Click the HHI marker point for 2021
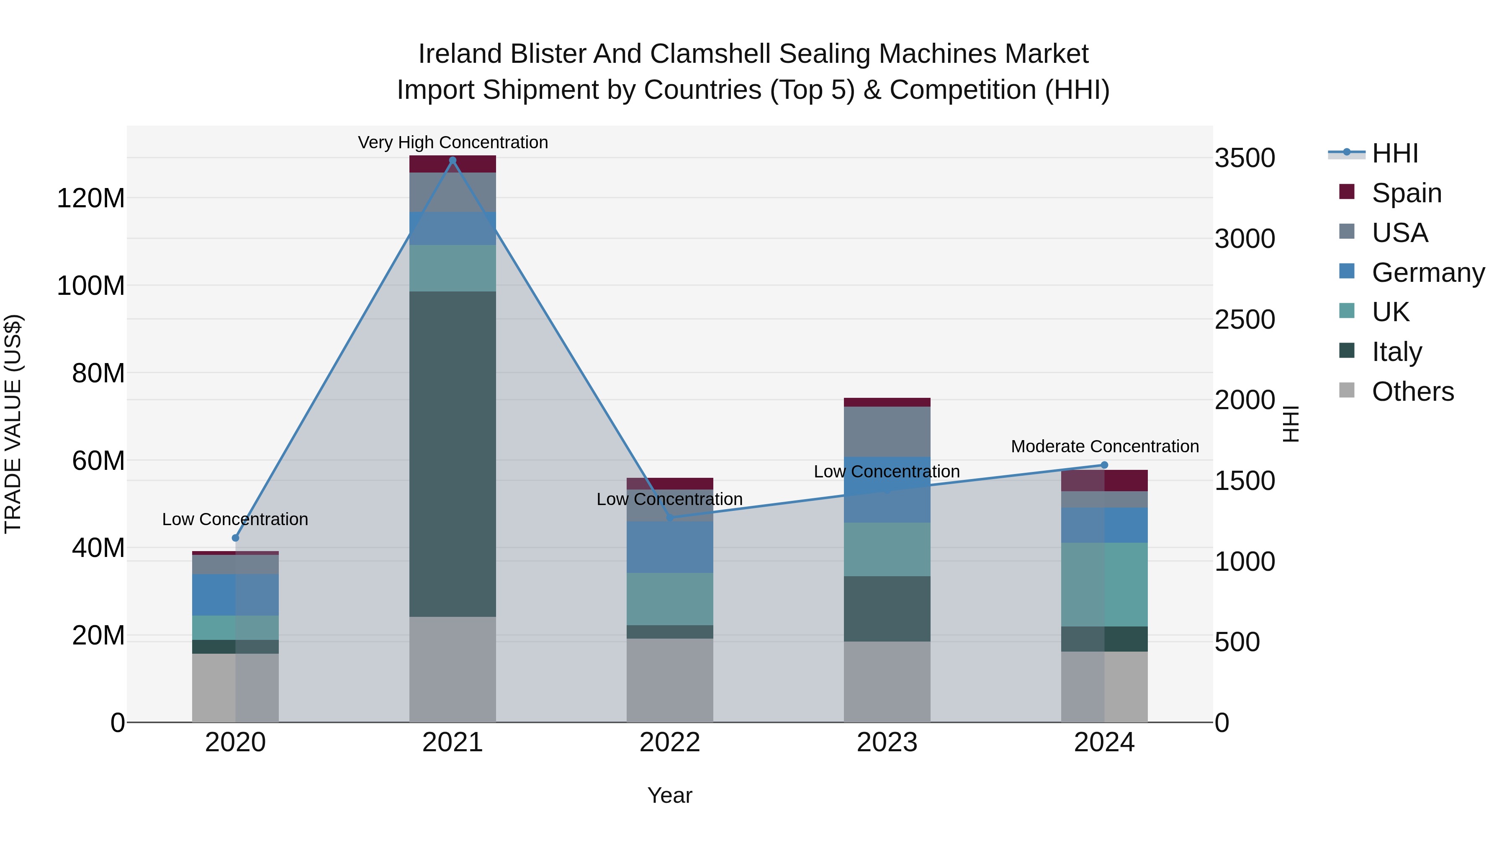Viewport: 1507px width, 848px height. [x=452, y=160]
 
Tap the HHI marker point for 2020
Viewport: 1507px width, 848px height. [x=235, y=538]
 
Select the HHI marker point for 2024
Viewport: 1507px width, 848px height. [x=1104, y=465]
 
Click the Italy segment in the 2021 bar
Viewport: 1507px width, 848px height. [x=452, y=454]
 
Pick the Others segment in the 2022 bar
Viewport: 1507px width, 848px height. [x=670, y=680]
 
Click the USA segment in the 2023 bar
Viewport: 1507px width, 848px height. [x=887, y=432]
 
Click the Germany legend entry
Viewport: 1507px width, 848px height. [x=1427, y=273]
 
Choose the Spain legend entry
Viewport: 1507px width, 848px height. [x=1406, y=193]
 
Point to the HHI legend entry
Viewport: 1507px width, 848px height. [x=1394, y=153]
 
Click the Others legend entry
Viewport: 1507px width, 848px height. [x=1412, y=392]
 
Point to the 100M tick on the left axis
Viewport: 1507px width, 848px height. [x=91, y=286]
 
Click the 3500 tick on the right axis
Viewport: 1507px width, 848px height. [x=1245, y=158]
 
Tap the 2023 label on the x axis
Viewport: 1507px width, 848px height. [x=887, y=742]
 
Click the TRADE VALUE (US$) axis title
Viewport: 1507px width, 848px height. [x=13, y=424]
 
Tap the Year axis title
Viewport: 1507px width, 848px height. [x=669, y=795]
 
